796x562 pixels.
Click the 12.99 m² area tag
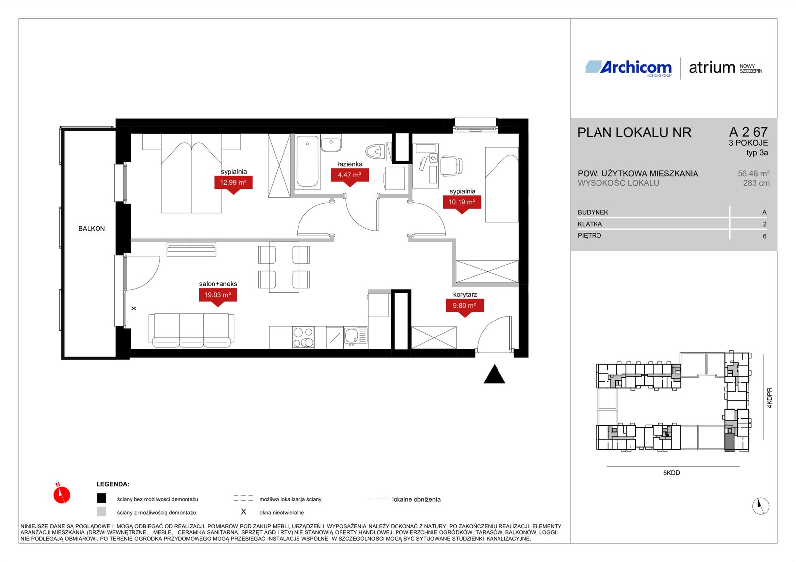[x=233, y=183]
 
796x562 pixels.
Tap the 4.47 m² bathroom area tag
[x=350, y=175]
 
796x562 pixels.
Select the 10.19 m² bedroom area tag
[x=462, y=202]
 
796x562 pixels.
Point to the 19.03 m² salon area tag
[x=218, y=295]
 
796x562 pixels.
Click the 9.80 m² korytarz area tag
[x=465, y=306]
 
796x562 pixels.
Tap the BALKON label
[x=92, y=228]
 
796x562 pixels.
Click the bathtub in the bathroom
[x=307, y=161]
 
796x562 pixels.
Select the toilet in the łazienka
[x=375, y=152]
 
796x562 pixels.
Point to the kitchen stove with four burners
[x=303, y=337]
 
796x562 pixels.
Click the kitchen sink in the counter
[x=355, y=337]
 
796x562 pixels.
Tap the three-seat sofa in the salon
[x=192, y=330]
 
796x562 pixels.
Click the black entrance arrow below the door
[x=494, y=374]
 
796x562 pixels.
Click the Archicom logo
[x=628, y=68]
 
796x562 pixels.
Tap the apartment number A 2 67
[x=748, y=132]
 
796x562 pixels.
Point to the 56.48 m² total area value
[x=753, y=173]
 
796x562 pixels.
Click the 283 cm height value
[x=756, y=183]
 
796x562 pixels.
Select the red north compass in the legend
[x=62, y=495]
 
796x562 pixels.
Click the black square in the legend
[x=101, y=498]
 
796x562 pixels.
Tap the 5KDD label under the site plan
[x=671, y=473]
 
